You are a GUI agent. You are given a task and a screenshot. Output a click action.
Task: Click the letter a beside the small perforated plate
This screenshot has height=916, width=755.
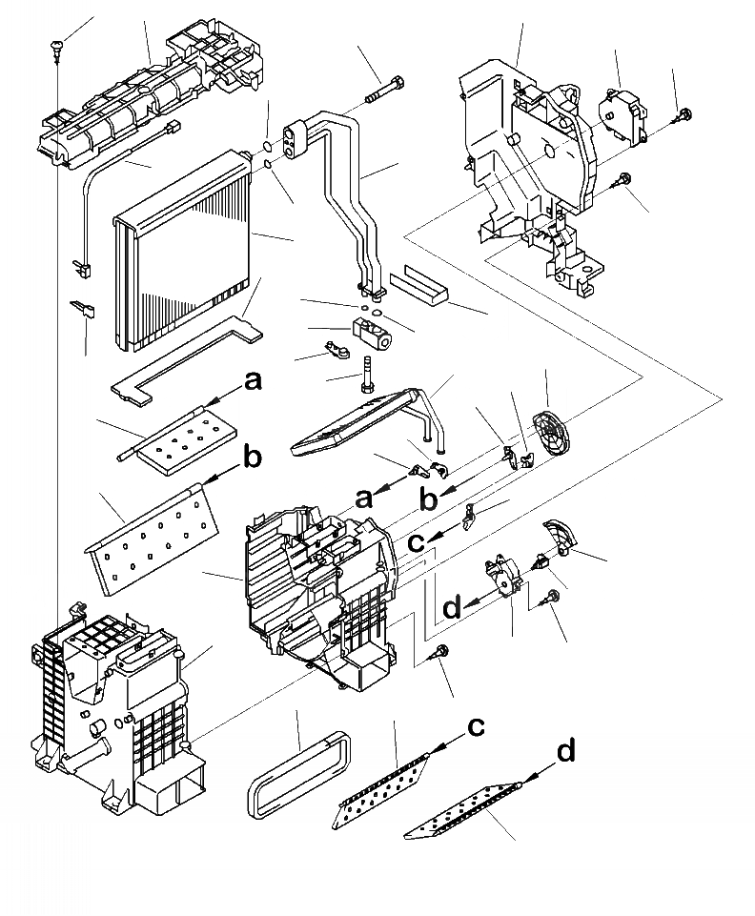[252, 382]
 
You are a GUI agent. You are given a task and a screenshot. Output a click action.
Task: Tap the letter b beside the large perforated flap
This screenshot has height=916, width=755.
[251, 458]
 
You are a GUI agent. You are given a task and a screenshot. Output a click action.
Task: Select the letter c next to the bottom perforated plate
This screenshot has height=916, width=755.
[475, 727]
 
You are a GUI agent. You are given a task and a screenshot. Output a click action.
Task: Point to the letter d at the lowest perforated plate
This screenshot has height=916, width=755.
[566, 752]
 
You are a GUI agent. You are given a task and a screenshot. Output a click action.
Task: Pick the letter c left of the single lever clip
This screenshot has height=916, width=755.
[416, 543]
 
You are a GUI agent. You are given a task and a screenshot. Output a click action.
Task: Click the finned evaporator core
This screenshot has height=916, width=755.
[181, 248]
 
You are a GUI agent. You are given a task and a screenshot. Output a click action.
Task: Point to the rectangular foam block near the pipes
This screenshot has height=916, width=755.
[419, 283]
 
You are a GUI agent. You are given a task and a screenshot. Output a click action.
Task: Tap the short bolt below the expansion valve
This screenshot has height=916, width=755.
[365, 374]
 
